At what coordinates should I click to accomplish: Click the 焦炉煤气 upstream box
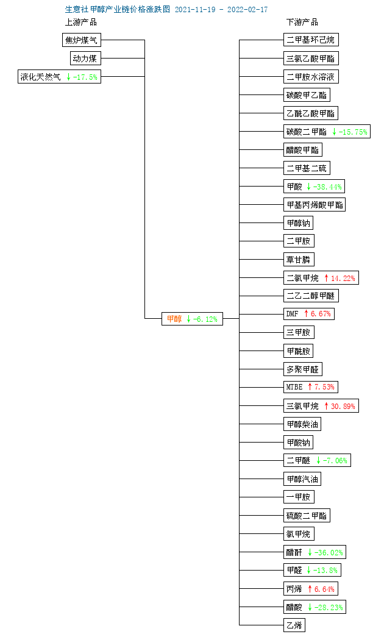point(81,40)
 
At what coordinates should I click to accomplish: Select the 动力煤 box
point(85,58)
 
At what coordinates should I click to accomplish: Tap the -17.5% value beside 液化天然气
point(85,77)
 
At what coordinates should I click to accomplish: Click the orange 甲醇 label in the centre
point(174,319)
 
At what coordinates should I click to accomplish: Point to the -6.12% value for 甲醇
point(205,319)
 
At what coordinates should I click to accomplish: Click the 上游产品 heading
point(81,22)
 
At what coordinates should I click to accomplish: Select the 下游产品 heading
point(302,22)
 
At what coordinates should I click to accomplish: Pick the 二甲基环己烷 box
point(311,40)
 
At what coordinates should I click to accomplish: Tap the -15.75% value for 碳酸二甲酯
point(353,132)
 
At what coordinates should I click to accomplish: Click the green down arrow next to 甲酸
point(309,187)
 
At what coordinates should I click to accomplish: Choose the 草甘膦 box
point(299,259)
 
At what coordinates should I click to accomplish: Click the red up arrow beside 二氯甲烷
point(326,278)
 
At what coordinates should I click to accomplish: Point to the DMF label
point(292,314)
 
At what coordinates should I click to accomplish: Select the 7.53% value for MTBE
point(324,386)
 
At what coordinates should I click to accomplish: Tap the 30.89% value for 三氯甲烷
point(343,406)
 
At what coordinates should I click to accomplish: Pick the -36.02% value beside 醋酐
point(329,552)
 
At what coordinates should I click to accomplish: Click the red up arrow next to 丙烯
point(310,589)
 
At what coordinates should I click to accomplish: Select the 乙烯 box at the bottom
point(294,625)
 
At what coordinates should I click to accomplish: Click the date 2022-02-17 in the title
point(247,9)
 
